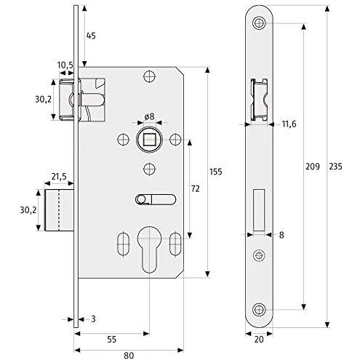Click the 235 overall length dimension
(335, 167)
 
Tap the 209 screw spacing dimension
(312, 167)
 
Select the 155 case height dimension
(215, 172)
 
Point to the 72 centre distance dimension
(195, 188)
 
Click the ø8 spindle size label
(149, 116)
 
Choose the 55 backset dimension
(111, 340)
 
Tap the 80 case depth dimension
(129, 356)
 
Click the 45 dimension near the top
(91, 36)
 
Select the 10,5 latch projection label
(65, 65)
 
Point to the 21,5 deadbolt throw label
(59, 177)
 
